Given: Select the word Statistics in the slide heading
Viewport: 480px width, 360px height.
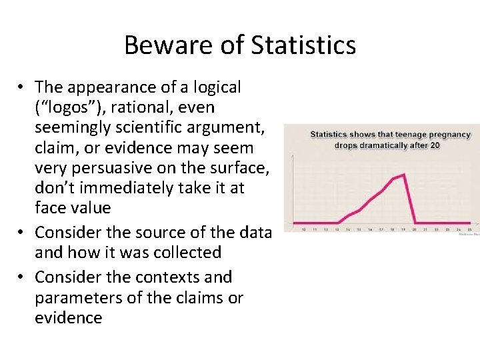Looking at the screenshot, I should pos(303,45).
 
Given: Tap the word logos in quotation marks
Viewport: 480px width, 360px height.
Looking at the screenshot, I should pos(67,107).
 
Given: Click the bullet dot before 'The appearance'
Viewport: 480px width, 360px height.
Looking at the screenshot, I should pos(22,87).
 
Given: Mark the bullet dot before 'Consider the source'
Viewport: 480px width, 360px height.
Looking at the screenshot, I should pos(22,233).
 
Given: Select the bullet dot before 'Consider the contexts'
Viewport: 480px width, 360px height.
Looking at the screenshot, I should pos(22,277).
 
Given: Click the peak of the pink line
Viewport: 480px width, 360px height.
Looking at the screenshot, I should pos(404,175).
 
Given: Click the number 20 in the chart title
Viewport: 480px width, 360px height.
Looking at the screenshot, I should pos(435,145).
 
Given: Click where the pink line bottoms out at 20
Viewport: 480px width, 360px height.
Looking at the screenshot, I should pos(415,223).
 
